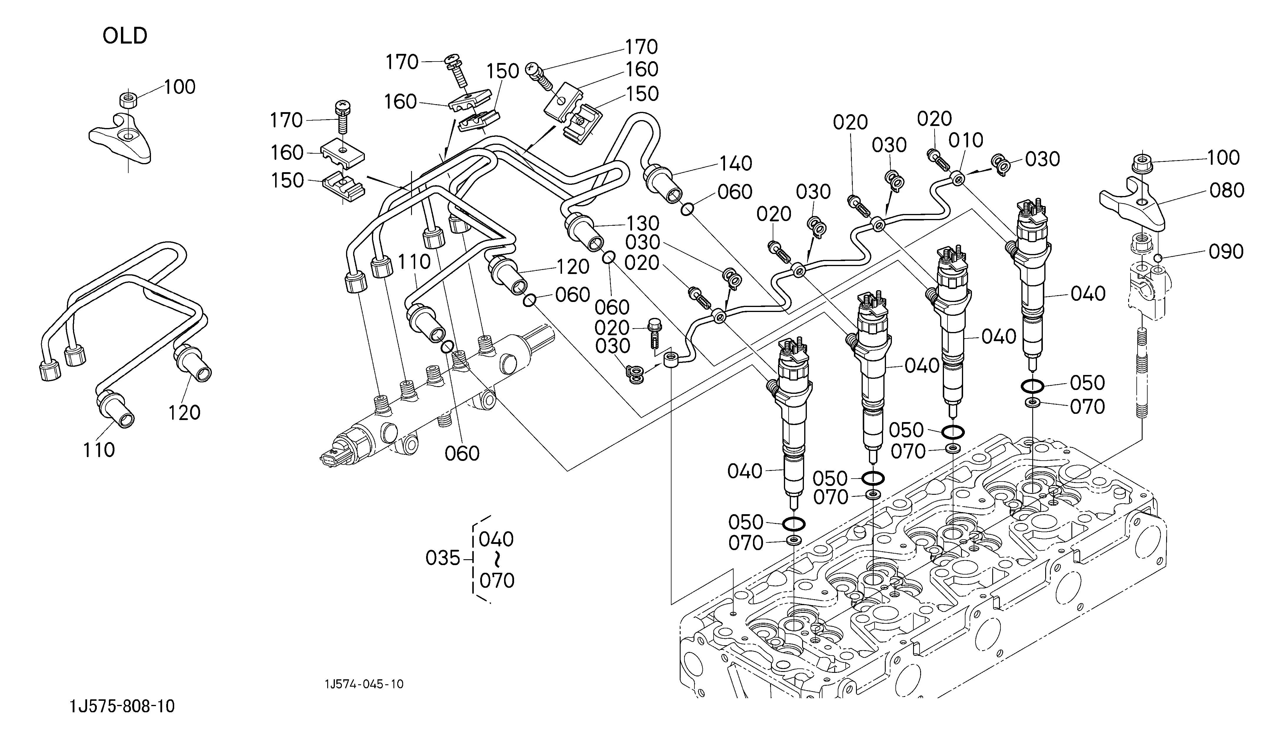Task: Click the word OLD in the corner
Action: (125, 36)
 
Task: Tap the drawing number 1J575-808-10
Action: (122, 706)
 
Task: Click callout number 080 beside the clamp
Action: (1227, 190)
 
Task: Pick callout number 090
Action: (1226, 252)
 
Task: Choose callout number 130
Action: (643, 223)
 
